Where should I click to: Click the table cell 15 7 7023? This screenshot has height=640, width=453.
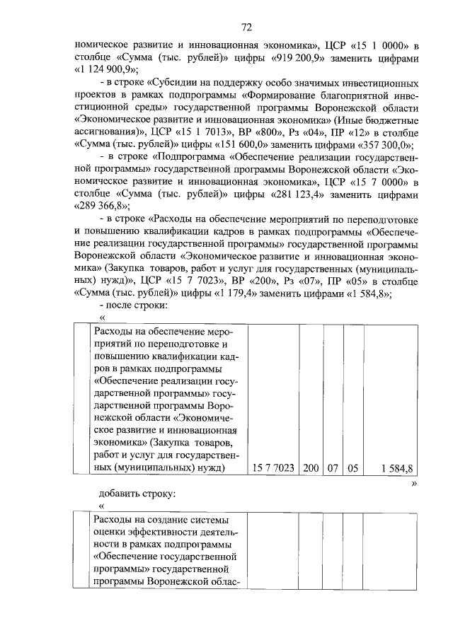click(x=273, y=467)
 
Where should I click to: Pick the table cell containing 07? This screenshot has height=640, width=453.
click(x=332, y=467)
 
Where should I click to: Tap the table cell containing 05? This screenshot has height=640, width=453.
click(x=353, y=467)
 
